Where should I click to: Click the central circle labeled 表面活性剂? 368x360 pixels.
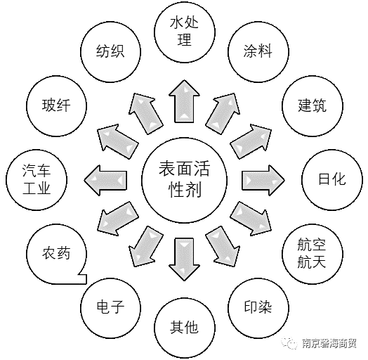pos(185,180)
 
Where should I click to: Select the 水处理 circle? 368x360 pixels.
pos(185,32)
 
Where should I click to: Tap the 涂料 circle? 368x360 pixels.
pos(258,52)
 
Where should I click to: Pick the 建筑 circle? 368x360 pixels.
pos(313,105)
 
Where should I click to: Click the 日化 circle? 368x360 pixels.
pos(332,180)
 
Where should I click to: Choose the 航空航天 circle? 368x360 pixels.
pos(313,254)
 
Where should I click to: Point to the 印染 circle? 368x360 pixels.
pos(258,308)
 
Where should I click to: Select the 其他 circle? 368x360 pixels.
pos(185,328)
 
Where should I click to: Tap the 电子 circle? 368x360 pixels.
pos(110,308)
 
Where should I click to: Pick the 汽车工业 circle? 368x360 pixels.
pos(37,180)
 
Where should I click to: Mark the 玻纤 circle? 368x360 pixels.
pos(56,105)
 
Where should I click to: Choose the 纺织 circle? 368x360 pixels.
pos(110,52)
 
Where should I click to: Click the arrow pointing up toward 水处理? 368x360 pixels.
pos(185,101)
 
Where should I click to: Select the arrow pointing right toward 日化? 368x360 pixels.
pos(263,180)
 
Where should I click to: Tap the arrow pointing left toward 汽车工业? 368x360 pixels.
pos(105,180)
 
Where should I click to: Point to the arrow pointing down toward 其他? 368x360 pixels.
pos(185,259)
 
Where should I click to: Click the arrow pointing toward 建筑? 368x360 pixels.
pos(251,142)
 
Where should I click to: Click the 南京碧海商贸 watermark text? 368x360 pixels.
pos(329,343)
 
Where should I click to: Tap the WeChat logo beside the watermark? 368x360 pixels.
pos(291,344)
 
